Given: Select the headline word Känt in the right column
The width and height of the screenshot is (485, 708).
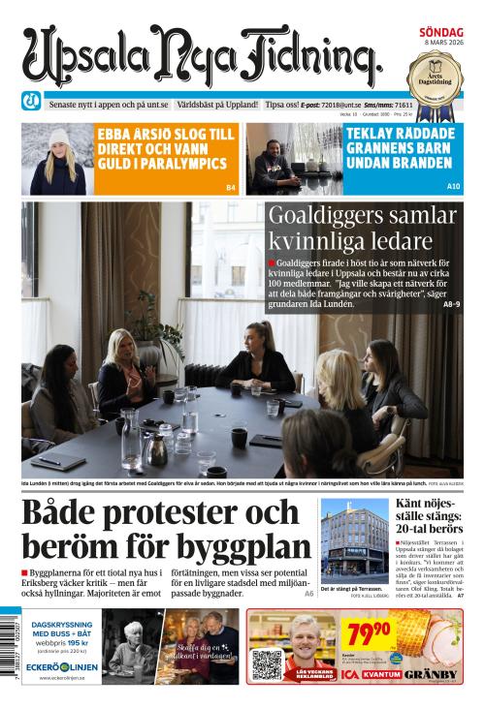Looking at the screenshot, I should pos(413,504).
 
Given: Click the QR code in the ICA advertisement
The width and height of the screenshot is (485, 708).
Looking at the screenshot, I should pos(266,663).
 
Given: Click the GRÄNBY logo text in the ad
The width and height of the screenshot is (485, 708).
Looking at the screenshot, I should pos(432,673).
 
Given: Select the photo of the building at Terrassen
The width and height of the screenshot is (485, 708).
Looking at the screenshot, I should pos(353,539).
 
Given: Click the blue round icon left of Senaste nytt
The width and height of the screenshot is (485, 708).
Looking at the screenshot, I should pos(32,103).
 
